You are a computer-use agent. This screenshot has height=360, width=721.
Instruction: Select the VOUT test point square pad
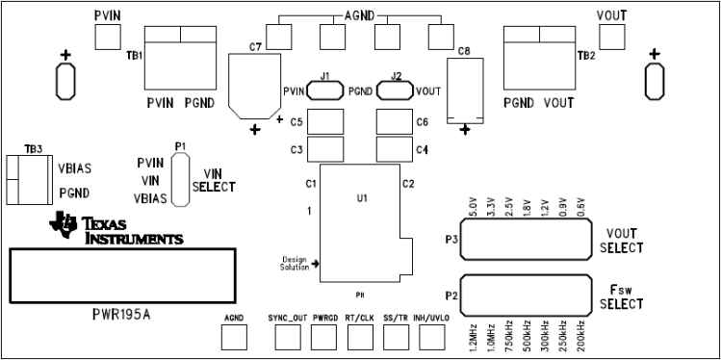(x=611, y=37)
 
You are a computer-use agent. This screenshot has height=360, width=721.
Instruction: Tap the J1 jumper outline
(x=325, y=90)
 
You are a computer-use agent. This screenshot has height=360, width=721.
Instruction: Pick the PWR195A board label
(x=121, y=314)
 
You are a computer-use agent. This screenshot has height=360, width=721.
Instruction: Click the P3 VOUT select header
(x=526, y=240)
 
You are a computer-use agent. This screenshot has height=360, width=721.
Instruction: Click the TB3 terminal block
(x=24, y=179)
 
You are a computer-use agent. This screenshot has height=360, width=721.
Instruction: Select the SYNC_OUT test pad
(x=287, y=336)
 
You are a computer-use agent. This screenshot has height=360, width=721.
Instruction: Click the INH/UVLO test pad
(x=430, y=336)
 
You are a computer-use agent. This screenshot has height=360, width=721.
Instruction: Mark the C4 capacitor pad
(x=393, y=149)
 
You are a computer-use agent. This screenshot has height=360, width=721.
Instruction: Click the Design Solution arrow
(x=315, y=263)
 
